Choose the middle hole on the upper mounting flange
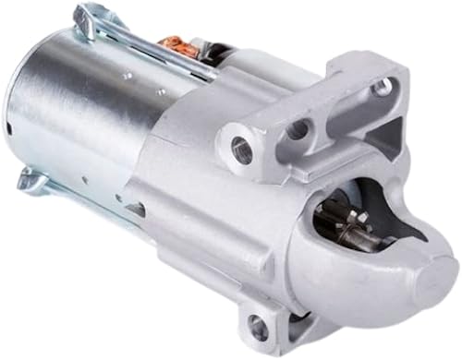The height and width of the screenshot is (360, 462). coord(298,130)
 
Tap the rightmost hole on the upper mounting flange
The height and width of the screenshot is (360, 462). coord(381,89)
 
